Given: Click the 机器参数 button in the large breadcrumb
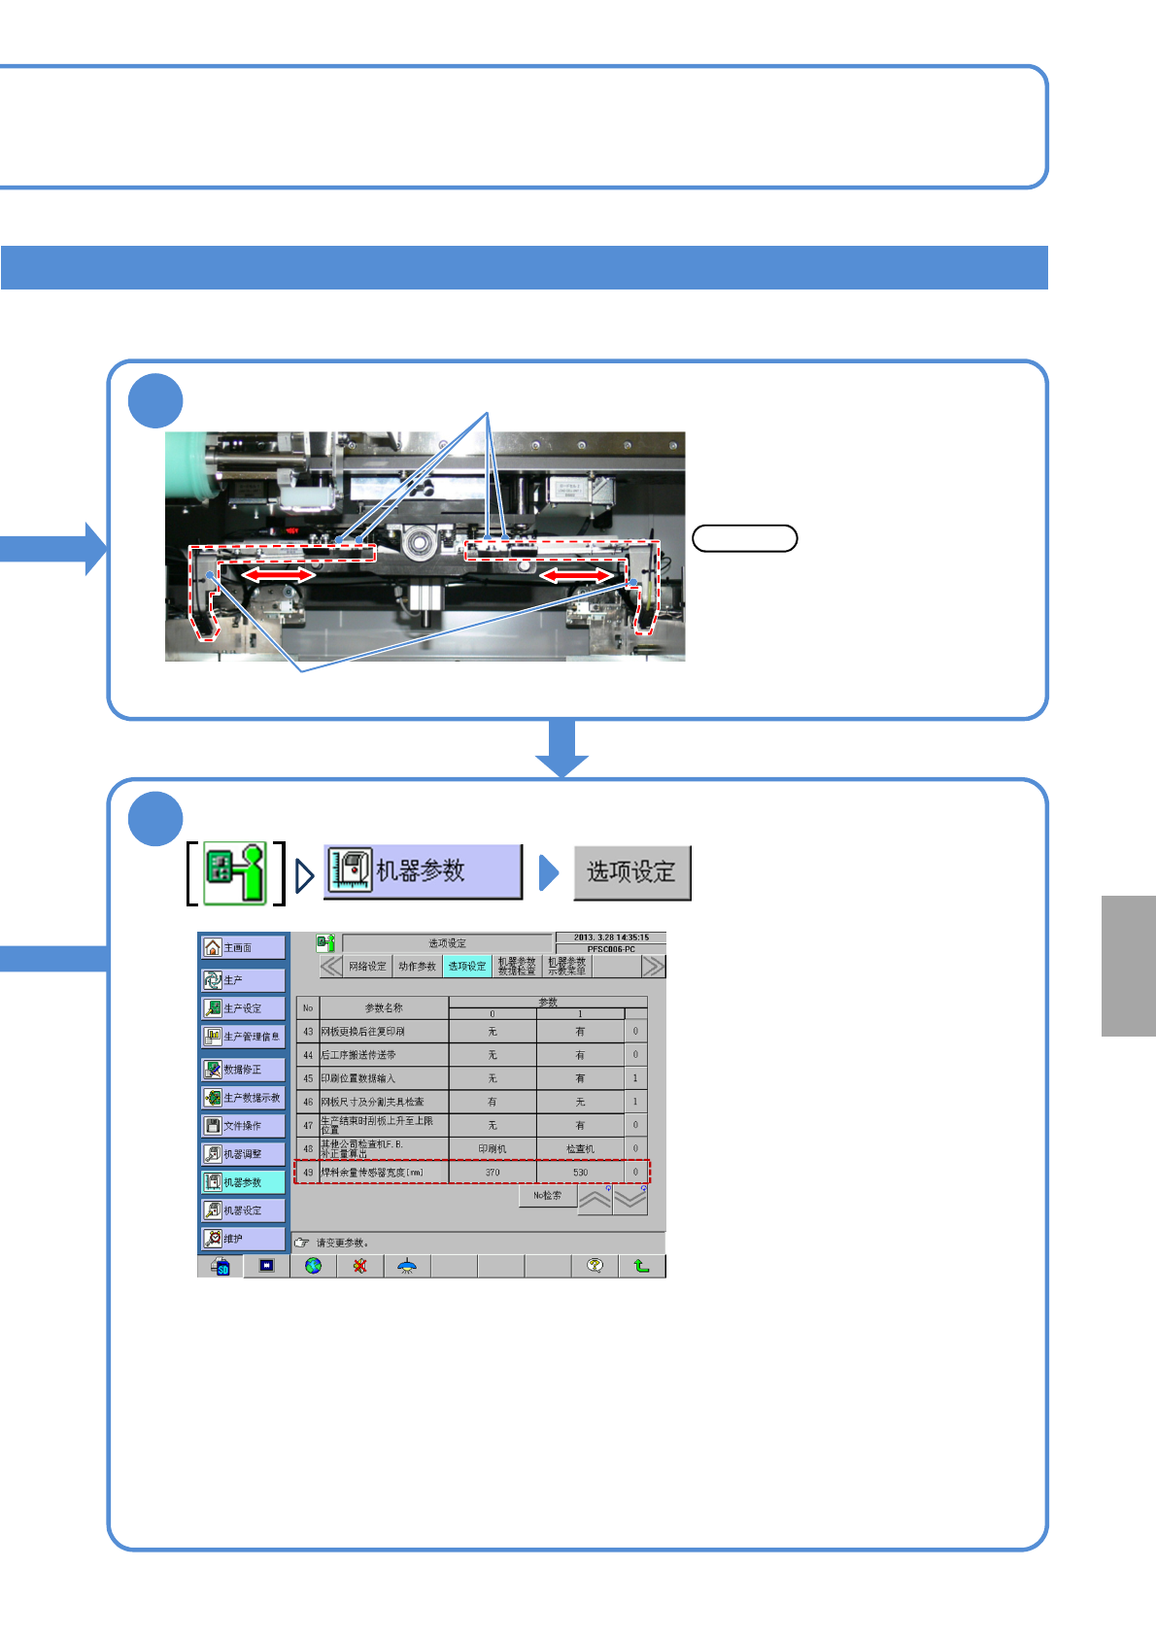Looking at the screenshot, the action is pyautogui.click(x=423, y=870).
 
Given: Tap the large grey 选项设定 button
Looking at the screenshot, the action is pyautogui.click(x=631, y=872).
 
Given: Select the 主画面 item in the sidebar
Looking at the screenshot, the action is pyautogui.click(x=243, y=947).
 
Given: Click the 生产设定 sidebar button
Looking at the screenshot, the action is pyautogui.click(x=243, y=1008).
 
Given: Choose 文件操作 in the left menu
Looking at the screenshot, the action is pyautogui.click(x=243, y=1126).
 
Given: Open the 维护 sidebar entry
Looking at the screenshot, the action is pyautogui.click(x=243, y=1239).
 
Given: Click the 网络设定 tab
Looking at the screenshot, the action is pyautogui.click(x=367, y=967).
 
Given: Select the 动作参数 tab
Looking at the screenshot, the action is pyautogui.click(x=418, y=967).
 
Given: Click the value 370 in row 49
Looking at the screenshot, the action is pyautogui.click(x=493, y=1173).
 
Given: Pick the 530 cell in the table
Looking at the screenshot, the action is pyautogui.click(x=580, y=1173).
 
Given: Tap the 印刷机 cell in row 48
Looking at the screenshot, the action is pyautogui.click(x=493, y=1148).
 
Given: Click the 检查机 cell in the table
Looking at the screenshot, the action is pyautogui.click(x=580, y=1148).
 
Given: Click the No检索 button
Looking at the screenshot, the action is pyautogui.click(x=547, y=1196).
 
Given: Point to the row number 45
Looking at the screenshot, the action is pyautogui.click(x=308, y=1078).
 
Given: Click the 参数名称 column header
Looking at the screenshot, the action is pyautogui.click(x=384, y=1008).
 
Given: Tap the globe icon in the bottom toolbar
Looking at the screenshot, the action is pyautogui.click(x=313, y=1266).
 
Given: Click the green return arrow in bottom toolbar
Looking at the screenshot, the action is pyautogui.click(x=641, y=1266).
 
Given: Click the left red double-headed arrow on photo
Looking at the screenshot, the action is pyautogui.click(x=278, y=575).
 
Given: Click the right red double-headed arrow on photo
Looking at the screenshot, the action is pyautogui.click(x=577, y=576).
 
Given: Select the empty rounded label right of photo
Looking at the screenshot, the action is pyautogui.click(x=744, y=538).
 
